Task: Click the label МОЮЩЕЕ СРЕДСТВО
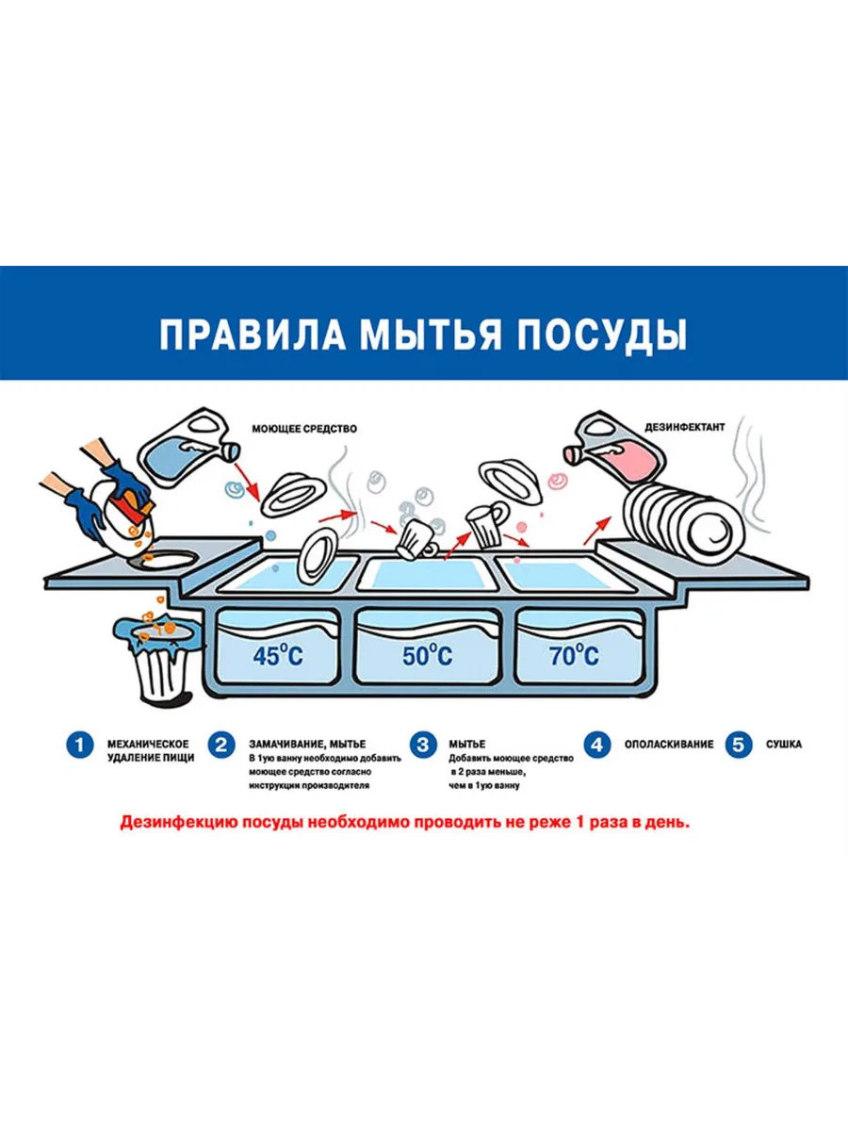(304, 429)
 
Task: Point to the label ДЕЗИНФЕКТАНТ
(685, 427)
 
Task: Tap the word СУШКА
(784, 745)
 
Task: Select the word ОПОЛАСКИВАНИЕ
(669, 745)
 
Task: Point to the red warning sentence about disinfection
(405, 823)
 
